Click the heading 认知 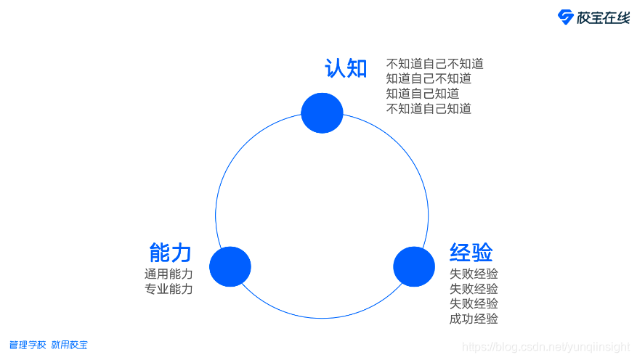346,68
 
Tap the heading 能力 170,253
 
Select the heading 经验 471,253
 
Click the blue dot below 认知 322,113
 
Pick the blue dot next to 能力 230,266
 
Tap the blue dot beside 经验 414,266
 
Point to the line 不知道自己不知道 434,64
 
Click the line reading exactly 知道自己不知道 429,79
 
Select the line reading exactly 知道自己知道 422,94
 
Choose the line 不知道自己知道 429,109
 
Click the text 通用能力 169,274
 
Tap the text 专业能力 169,289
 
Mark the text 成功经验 474,319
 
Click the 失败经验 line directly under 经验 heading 474,274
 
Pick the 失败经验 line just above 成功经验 474,303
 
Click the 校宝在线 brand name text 603,18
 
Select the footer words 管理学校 28,345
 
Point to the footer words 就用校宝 69,345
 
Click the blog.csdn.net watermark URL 546,348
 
